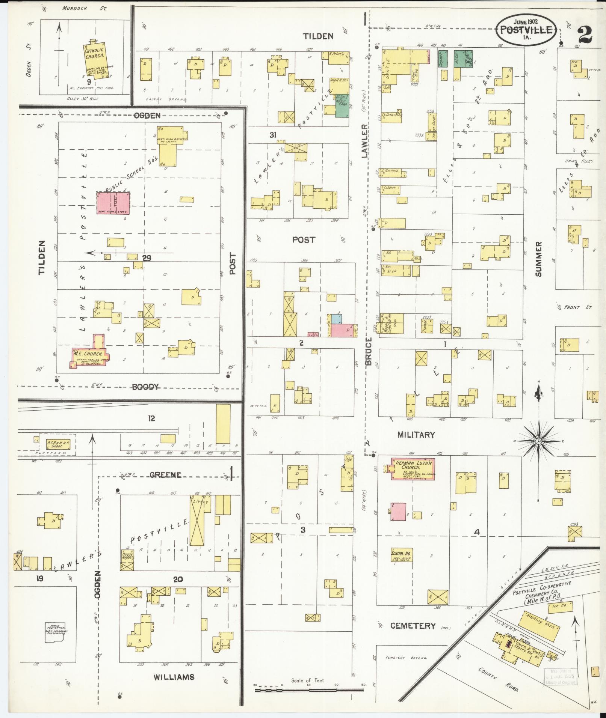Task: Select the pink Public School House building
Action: point(113,203)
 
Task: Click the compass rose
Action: point(538,441)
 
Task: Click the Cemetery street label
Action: point(413,626)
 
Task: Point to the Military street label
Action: point(416,435)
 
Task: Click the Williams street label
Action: point(174,677)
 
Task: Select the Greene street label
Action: point(165,475)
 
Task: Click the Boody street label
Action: point(145,387)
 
